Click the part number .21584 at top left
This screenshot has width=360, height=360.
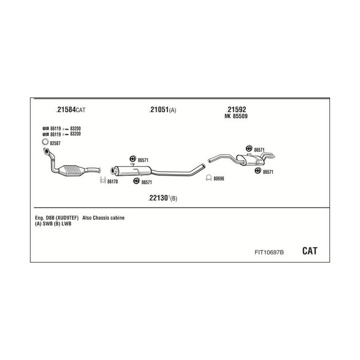66,109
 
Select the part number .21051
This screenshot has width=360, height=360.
159,109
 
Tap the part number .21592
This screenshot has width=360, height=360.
236,109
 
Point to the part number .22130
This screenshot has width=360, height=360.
158,197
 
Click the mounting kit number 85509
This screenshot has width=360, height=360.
240,116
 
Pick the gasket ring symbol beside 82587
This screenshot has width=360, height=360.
45,142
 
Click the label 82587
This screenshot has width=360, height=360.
55,143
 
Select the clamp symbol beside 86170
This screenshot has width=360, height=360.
103,180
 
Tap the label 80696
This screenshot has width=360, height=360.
219,178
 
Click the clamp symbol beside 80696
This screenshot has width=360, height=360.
208,177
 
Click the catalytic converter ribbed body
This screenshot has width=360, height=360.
71,170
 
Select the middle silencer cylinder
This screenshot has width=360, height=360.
132,171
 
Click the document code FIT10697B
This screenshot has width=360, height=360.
269,252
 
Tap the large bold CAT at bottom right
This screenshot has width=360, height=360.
309,251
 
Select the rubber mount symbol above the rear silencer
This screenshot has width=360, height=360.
249,148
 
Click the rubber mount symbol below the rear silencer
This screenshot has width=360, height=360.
258,171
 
